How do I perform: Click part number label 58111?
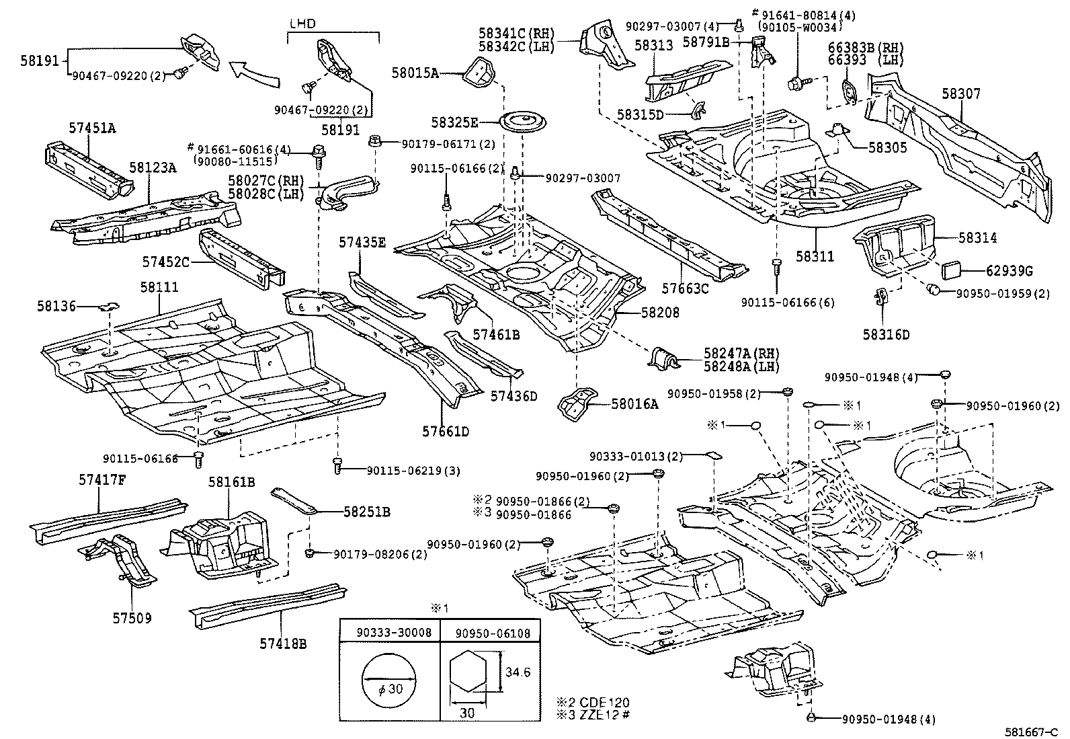(x=159, y=287)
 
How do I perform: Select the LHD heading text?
(x=303, y=24)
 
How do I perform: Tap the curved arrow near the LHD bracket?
(x=253, y=73)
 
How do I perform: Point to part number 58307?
(x=960, y=94)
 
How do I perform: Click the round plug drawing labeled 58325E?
(x=522, y=124)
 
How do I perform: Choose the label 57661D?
(x=446, y=431)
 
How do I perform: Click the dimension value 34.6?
(x=518, y=672)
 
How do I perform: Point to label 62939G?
(x=1010, y=271)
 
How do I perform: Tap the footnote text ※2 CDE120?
(x=597, y=703)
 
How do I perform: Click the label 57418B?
(x=283, y=644)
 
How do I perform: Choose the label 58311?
(x=815, y=256)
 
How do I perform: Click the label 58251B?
(x=366, y=512)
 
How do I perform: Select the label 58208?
(x=660, y=313)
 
